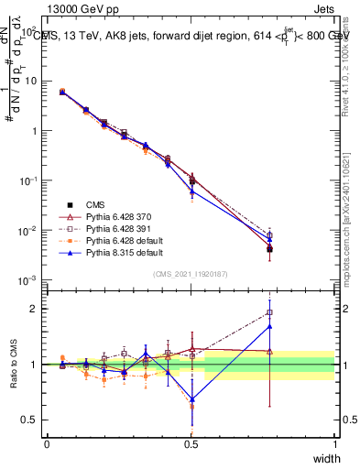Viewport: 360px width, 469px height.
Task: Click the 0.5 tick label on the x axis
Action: click(191, 442)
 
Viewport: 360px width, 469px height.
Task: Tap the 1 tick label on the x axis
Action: click(336, 442)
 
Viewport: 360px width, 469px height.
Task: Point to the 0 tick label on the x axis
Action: click(47, 442)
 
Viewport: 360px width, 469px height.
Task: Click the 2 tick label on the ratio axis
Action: click(37, 309)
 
